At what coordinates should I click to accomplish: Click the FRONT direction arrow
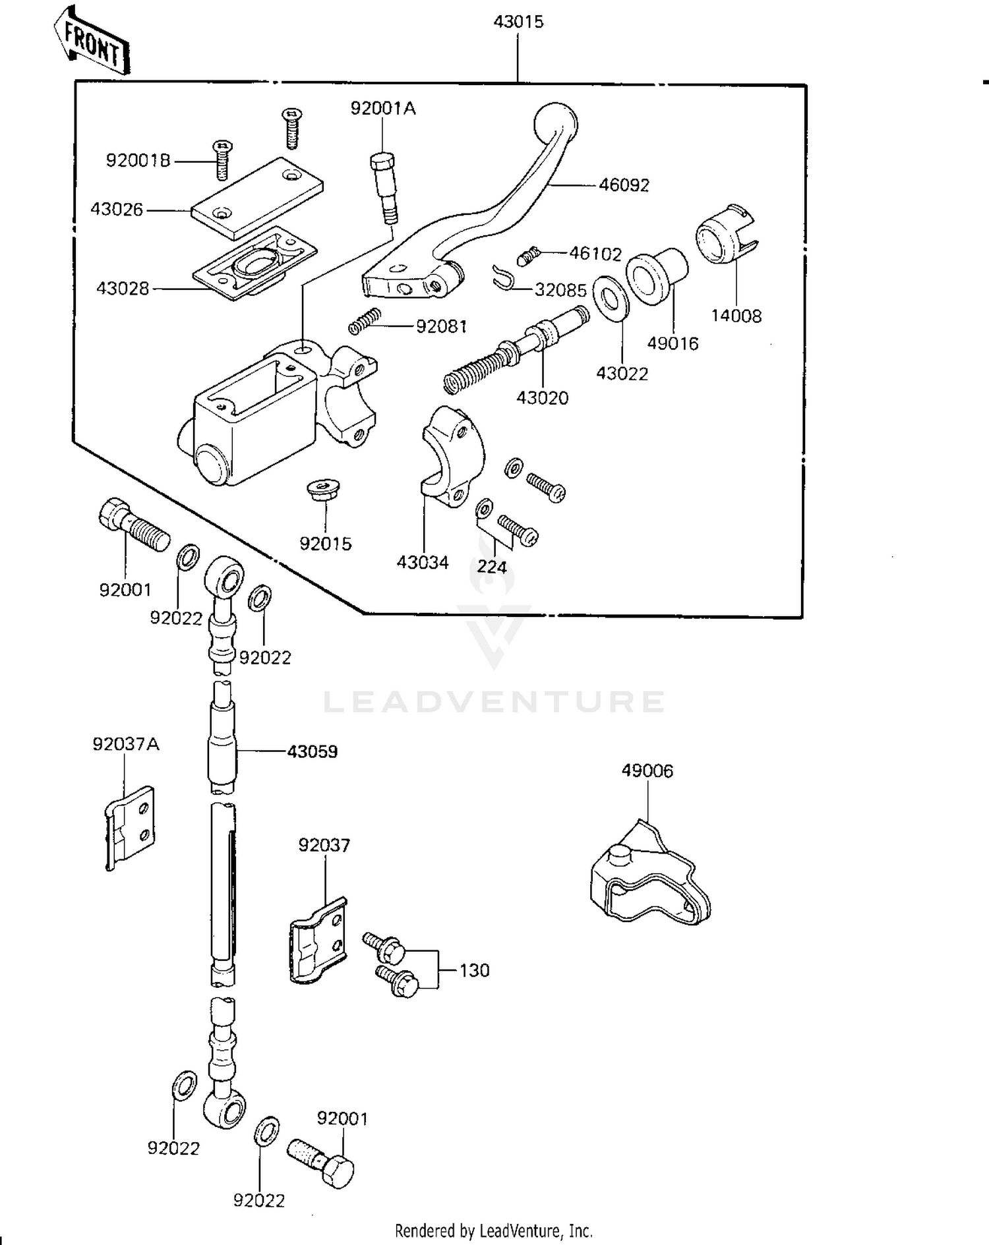92,40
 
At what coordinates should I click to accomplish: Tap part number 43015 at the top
518,22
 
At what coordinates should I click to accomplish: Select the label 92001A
383,108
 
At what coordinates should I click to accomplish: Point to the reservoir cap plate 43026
257,197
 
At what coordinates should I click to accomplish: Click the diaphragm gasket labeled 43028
255,264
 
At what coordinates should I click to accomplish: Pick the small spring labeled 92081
365,321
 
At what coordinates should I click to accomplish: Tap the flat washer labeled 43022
611,299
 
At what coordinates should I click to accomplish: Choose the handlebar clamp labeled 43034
452,456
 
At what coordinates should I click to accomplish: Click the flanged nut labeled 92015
323,491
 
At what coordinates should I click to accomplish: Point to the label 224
492,567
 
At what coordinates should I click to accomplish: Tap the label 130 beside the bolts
475,970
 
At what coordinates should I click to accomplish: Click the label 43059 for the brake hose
313,751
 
